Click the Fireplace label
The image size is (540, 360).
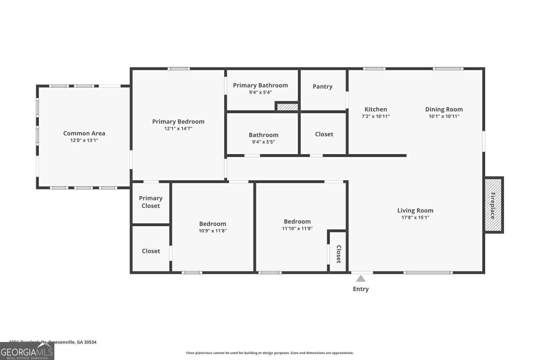(x=493, y=206)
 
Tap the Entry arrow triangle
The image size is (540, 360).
(x=361, y=279)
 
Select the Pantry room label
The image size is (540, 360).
(x=323, y=86)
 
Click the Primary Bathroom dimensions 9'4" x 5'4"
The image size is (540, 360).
(x=260, y=92)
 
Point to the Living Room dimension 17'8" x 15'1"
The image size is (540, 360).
(x=415, y=217)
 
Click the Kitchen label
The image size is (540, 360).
(x=375, y=109)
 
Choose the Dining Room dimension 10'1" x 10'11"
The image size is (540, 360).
(x=444, y=116)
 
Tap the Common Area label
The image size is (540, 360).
(x=84, y=133)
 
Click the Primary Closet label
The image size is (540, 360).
(x=150, y=202)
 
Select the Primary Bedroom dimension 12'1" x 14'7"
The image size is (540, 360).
(x=178, y=129)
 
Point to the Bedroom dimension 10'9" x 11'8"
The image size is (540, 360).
(x=212, y=231)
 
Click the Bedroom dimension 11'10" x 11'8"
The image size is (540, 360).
(x=297, y=228)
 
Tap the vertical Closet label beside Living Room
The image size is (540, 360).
(x=339, y=254)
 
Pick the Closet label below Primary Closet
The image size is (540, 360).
(x=151, y=251)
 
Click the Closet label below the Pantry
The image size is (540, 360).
(x=324, y=134)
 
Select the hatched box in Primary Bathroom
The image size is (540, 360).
(x=287, y=107)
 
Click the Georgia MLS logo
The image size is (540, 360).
(x=27, y=351)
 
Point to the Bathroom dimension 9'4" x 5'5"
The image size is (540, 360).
(x=264, y=142)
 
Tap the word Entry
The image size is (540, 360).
(x=361, y=289)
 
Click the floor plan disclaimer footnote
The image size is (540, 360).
(x=270, y=353)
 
